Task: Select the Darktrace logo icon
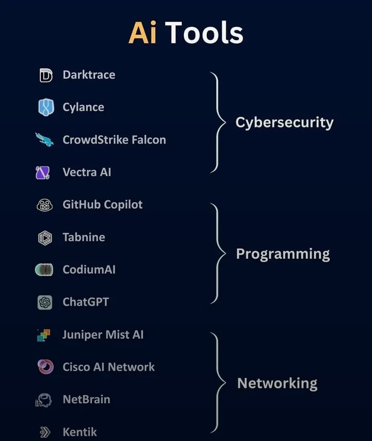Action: tap(45, 75)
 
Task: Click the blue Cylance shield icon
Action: tap(45, 107)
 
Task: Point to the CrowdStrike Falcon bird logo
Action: tap(44, 140)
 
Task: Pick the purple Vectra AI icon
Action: tap(42, 172)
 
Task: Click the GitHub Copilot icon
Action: tap(44, 205)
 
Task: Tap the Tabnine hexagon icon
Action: tap(45, 238)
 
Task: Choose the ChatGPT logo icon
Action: tap(45, 302)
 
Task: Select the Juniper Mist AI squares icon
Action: tap(43, 335)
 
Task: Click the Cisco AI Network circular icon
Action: tap(45, 367)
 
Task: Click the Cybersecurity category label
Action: tap(284, 123)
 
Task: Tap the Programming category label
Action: tap(283, 254)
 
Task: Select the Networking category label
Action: tap(277, 383)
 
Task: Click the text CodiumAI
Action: tap(89, 270)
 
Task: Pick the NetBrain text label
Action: tap(86, 400)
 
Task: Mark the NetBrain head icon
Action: tap(43, 400)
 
